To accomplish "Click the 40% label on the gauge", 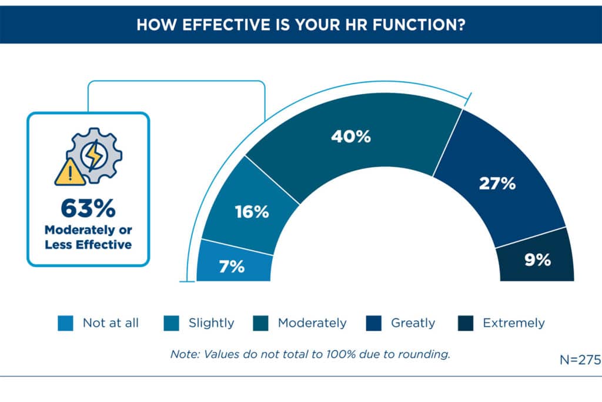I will pos(350,137).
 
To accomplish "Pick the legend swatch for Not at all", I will pos(66,323).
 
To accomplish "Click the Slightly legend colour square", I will pos(172,323).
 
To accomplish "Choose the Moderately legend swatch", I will pos(261,323).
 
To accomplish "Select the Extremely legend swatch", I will pos(466,323).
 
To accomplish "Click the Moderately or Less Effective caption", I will pos(88,237).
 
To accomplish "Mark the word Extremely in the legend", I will pos(513,323).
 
